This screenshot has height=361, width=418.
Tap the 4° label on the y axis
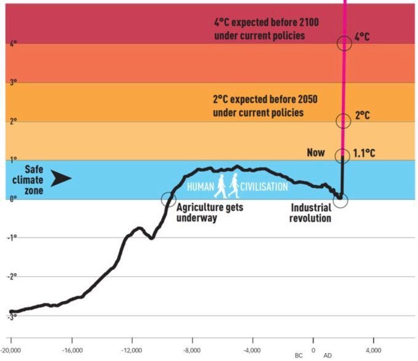(14, 44)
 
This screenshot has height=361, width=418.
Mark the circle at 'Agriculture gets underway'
(168, 199)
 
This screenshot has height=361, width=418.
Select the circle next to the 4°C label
(344, 42)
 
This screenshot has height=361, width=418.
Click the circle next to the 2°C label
(344, 120)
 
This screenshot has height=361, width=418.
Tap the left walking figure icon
(220, 186)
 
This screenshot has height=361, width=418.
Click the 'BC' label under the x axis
(299, 355)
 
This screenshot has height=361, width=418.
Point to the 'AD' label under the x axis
(328, 355)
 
